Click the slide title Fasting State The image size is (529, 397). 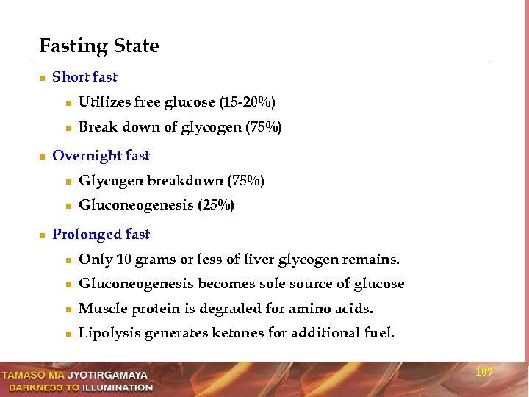(98, 46)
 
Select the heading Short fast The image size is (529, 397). (84, 76)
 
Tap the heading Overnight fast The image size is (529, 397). (101, 155)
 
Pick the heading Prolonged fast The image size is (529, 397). (101, 234)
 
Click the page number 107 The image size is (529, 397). (484, 372)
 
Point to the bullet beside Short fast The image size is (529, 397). (43, 77)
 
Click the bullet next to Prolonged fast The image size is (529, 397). (43, 235)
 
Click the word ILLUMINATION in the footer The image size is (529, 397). (117, 387)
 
